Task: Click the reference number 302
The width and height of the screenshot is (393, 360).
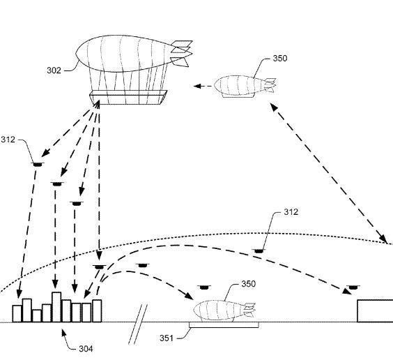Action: (54, 70)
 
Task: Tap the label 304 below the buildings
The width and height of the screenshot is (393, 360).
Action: (86, 348)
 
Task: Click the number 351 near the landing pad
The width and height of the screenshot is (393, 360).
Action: (166, 338)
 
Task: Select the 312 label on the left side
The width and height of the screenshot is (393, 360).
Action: (8, 140)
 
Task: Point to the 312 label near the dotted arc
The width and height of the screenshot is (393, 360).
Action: (291, 211)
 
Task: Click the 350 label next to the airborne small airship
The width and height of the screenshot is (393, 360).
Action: (279, 59)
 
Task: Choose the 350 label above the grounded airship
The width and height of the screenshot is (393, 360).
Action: (248, 284)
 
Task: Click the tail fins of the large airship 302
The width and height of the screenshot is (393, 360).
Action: (180, 53)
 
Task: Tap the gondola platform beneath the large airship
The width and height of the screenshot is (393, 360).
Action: (128, 97)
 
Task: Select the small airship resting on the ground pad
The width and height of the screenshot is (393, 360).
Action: (222, 309)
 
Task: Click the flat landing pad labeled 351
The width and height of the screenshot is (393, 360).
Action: (223, 324)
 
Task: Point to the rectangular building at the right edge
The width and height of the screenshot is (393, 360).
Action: (375, 311)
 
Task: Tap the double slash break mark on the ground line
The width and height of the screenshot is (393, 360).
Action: (140, 324)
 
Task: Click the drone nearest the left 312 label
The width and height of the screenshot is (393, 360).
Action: (36, 164)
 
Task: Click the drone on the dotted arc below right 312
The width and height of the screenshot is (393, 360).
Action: (259, 249)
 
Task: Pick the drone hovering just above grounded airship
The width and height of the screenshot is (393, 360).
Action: (203, 286)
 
